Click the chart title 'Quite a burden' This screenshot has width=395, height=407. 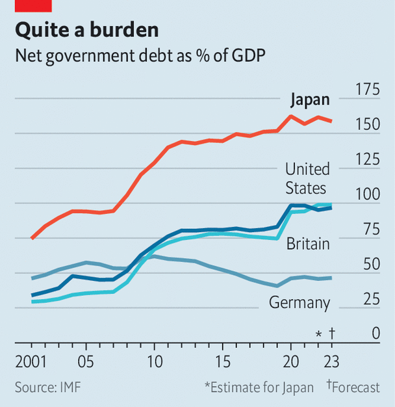click(87, 30)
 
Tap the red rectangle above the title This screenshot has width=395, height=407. click(33, 5)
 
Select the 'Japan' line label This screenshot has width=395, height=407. click(309, 100)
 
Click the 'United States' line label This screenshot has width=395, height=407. click(307, 179)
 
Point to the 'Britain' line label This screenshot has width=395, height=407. click(308, 244)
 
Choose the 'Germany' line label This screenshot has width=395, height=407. click(299, 302)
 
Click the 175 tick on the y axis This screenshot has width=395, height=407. click(365, 89)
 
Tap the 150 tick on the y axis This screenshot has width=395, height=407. click(365, 124)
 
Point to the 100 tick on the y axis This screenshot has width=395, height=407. click(365, 194)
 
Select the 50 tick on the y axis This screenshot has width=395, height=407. click(369, 265)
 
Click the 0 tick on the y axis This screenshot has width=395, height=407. click(375, 334)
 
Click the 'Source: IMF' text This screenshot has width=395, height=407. click(48, 387)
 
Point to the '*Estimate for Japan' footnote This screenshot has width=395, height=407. click(259, 387)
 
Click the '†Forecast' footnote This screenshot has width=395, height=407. click(353, 387)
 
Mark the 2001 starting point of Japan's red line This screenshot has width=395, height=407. click(32, 239)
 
